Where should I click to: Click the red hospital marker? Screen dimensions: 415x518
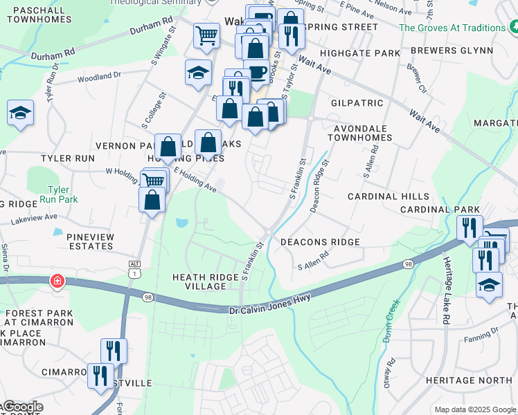point(57,282)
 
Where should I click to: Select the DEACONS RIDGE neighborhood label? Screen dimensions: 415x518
point(320,241)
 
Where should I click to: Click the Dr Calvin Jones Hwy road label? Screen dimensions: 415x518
point(269,303)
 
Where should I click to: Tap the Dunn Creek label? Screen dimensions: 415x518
point(390,320)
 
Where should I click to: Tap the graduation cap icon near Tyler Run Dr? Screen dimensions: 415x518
point(20,113)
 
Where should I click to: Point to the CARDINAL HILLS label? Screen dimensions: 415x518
point(388,196)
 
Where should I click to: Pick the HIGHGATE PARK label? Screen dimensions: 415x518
point(366,53)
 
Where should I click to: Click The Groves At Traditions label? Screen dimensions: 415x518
point(453,28)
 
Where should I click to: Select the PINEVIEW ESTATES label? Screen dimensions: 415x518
point(90,241)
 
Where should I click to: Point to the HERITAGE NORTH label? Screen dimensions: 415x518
point(469,380)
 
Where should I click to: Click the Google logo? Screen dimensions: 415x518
point(22,407)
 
